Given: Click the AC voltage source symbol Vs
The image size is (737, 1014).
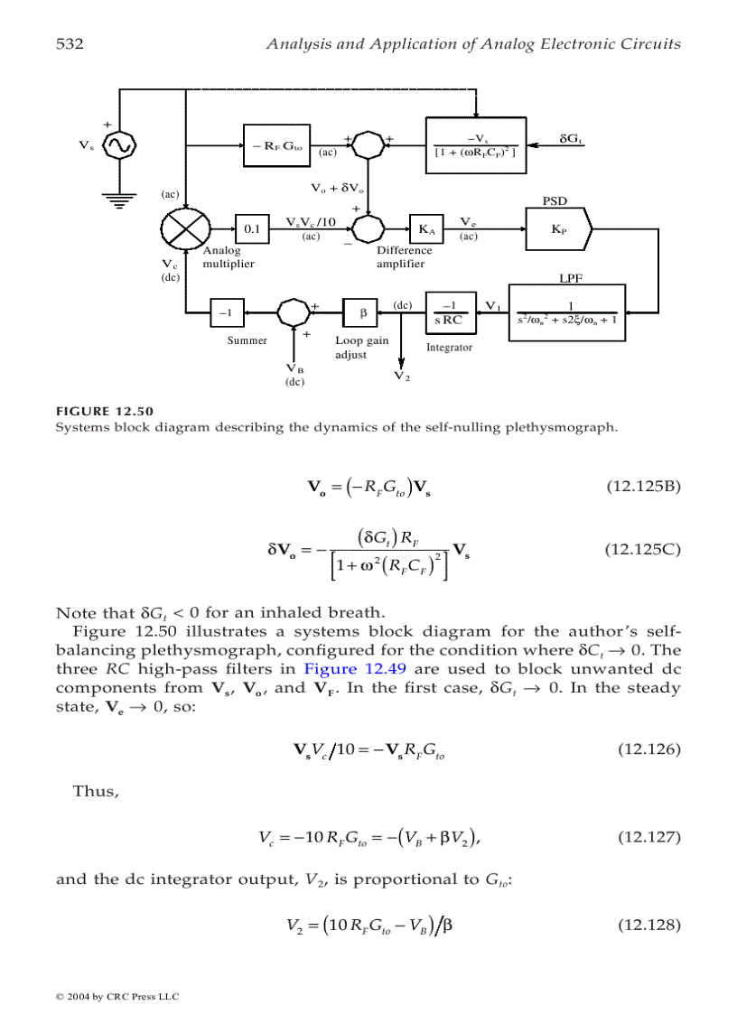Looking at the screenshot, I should tap(118, 144).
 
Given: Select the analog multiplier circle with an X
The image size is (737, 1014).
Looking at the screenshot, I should tap(185, 228).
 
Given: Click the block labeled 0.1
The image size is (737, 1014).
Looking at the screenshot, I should tap(252, 228).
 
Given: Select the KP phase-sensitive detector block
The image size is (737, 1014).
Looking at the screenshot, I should tap(558, 228).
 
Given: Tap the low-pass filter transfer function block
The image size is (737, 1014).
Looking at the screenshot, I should tap(566, 312).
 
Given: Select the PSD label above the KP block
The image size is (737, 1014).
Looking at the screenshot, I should tap(554, 200).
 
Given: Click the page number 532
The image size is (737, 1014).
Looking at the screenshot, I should tap(70, 43).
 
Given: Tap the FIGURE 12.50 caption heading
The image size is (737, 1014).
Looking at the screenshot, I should tap(105, 412).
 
